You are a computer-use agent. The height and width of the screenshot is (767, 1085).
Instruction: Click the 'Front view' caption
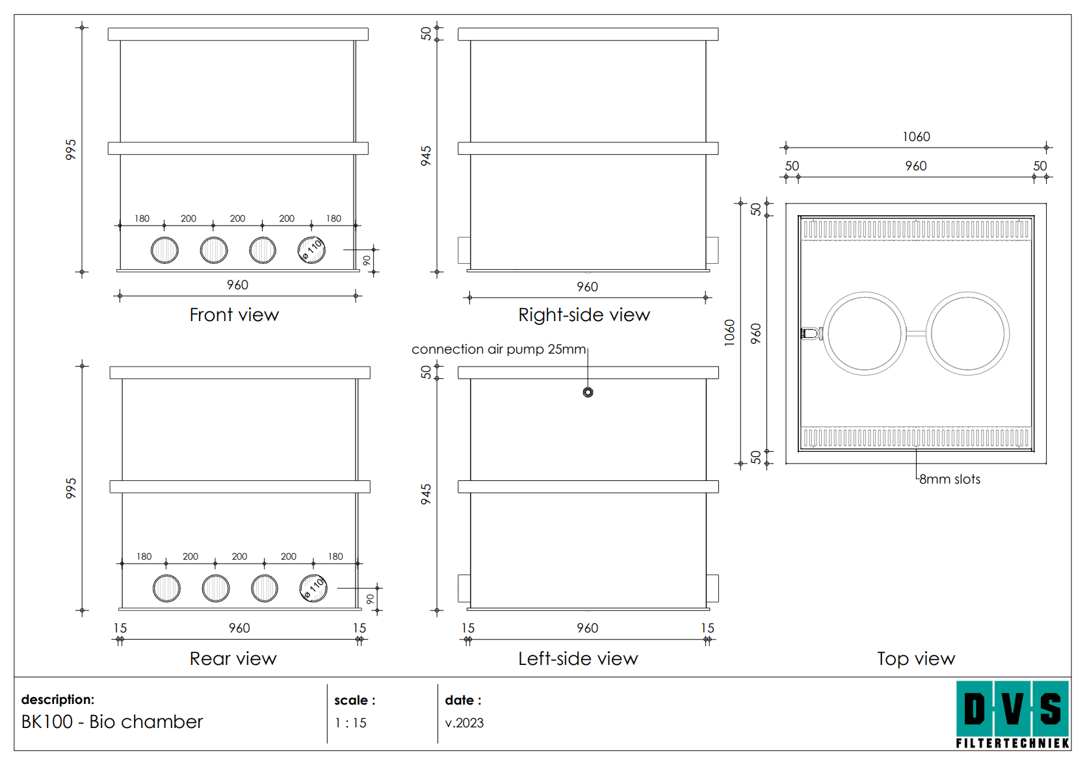(234, 315)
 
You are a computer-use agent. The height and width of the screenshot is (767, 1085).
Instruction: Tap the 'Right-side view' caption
(584, 315)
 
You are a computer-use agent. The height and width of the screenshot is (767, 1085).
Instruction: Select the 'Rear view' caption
(233, 658)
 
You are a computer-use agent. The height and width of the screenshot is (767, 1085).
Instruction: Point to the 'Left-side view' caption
(578, 658)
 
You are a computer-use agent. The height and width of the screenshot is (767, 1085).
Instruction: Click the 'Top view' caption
(915, 658)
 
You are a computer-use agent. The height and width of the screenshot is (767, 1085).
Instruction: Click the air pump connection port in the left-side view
(588, 392)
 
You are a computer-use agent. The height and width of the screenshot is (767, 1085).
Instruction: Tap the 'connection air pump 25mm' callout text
(499, 349)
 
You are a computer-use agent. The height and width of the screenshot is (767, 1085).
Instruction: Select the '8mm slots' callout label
(949, 479)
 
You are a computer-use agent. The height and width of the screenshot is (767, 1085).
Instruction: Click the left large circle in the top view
(864, 333)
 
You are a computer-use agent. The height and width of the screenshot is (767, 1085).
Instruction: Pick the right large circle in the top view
(967, 333)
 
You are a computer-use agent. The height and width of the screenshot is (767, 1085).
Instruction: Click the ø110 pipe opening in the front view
(311, 250)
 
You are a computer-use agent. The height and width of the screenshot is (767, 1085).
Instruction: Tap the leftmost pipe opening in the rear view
(166, 588)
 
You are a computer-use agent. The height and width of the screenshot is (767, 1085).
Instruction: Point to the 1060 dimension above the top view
(916, 136)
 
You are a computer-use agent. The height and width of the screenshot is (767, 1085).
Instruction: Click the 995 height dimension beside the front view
(71, 149)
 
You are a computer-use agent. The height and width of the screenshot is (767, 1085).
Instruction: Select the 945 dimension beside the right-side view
(426, 156)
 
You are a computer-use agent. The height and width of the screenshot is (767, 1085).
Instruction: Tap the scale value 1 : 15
(350, 723)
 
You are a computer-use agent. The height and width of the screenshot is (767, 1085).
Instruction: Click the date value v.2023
(464, 723)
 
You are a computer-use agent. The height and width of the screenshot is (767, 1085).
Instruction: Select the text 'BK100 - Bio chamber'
(112, 721)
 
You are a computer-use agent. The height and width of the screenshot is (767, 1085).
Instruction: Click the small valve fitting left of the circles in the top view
(811, 333)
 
